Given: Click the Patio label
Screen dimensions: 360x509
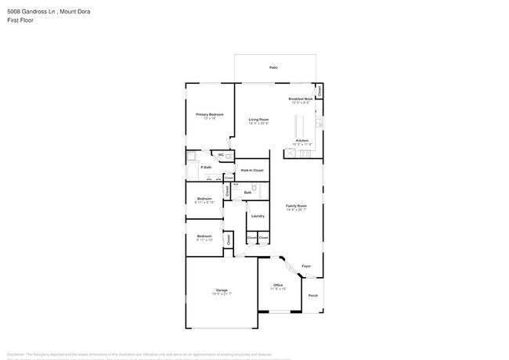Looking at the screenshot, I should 274,68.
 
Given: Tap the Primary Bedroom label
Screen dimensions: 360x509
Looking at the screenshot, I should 209,114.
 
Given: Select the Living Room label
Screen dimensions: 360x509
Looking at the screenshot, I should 258,119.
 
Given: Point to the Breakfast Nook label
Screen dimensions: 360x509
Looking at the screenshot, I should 301,99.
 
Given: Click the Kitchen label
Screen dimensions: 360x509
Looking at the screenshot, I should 301,141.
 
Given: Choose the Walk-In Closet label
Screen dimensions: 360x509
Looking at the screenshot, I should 251,170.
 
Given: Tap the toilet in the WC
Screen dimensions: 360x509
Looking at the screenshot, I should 229,157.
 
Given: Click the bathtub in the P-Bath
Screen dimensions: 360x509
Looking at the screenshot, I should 192,172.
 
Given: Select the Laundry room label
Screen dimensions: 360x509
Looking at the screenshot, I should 258,215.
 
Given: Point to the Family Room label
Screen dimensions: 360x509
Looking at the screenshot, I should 296,206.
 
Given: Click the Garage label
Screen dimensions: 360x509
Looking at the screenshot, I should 222,290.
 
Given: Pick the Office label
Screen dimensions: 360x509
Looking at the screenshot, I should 278,285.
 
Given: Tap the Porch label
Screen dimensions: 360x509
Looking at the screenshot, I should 313,295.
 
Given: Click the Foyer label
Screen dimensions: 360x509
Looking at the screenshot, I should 306,266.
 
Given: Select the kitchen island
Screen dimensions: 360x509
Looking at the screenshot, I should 298,126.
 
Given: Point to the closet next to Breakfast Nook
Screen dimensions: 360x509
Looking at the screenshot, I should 319,92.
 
